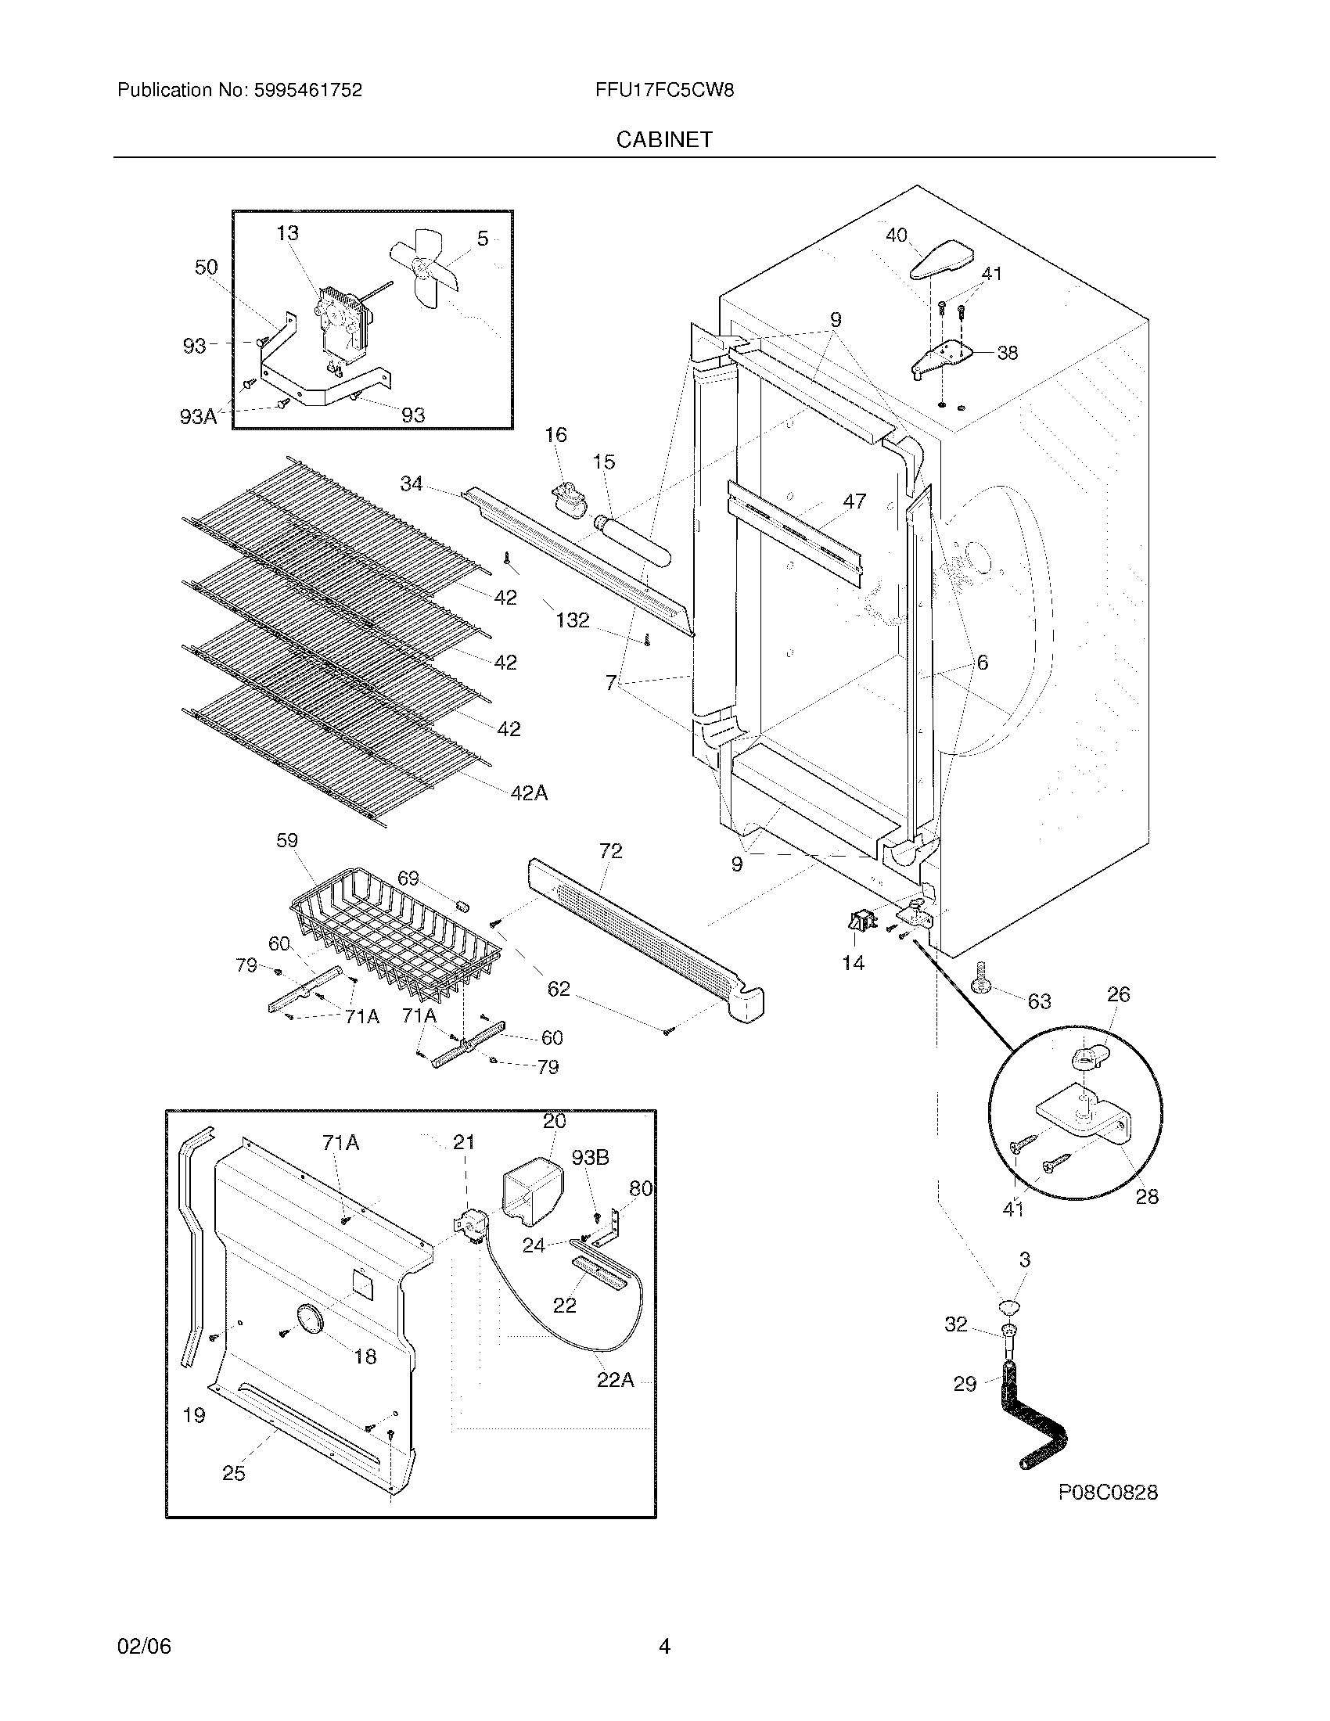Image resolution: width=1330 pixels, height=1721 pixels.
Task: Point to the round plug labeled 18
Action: tap(309, 1320)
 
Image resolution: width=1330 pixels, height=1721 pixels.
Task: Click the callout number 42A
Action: tap(529, 792)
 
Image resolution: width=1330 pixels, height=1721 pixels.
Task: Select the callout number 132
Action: tap(572, 620)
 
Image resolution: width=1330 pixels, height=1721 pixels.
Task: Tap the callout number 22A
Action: tap(616, 1380)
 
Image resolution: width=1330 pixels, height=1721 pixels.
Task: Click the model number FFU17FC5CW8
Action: tap(664, 90)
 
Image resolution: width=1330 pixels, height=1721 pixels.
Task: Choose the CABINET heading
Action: tap(664, 139)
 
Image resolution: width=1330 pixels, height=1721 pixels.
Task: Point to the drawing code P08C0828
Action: tap(1107, 1492)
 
